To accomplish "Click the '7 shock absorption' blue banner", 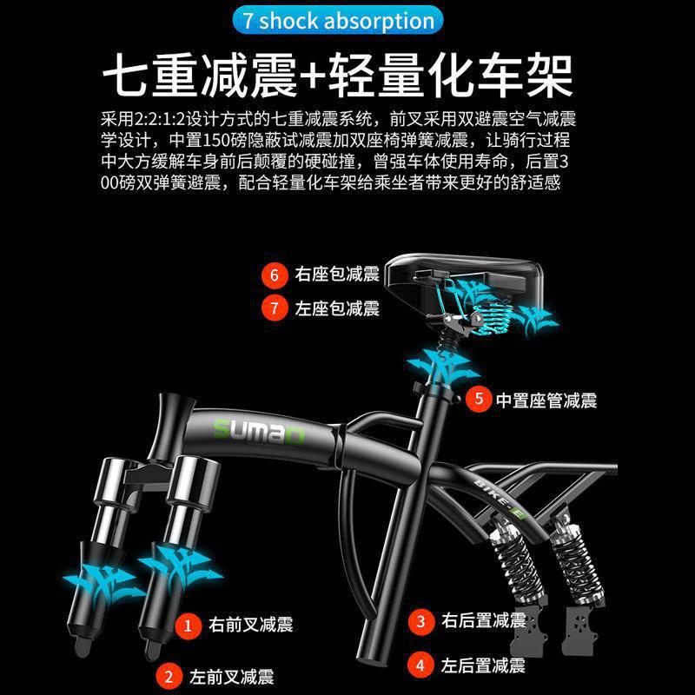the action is [338, 20].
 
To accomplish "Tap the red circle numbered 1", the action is [188, 625].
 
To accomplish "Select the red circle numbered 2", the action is [169, 677].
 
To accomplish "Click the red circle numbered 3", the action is [421, 621].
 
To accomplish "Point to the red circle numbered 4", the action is [420, 665].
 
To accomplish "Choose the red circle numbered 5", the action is [479, 399].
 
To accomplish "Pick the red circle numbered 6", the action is [275, 275].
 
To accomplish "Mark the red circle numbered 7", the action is [275, 308].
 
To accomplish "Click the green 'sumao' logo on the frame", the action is [259, 431].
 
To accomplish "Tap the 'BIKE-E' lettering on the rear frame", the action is [499, 499].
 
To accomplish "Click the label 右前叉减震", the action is [251, 625].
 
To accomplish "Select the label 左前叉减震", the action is [231, 677].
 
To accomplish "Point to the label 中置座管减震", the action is [546, 400].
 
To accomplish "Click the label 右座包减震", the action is [337, 274].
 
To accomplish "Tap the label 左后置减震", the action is [483, 665].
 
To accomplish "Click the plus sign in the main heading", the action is [314, 76].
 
